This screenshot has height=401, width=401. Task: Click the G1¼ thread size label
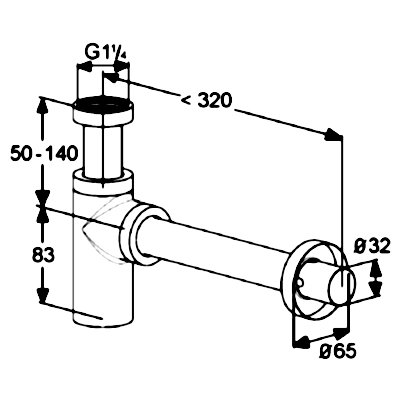coord(105,53)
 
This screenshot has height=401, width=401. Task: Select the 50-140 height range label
coord(44,153)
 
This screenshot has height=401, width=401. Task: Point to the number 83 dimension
coord(43,255)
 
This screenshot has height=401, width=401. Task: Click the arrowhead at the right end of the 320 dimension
coord(333,135)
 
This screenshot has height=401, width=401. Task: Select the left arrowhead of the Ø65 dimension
coord(301,342)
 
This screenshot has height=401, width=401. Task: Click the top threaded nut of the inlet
coord(103,112)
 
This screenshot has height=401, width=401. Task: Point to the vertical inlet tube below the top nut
coord(103,151)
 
